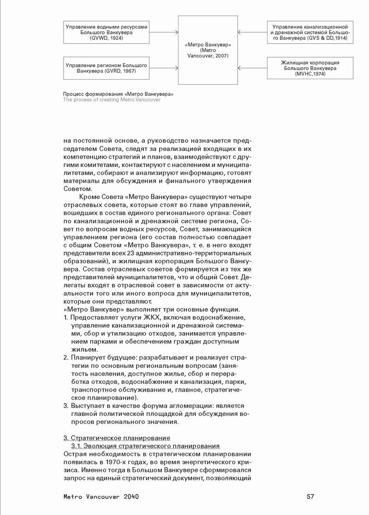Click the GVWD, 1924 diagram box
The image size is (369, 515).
(x=107, y=33)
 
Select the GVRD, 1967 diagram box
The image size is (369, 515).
(x=107, y=68)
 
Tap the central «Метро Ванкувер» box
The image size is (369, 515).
(x=208, y=50)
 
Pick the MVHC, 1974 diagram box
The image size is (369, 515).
(x=310, y=68)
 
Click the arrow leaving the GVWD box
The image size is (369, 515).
(x=164, y=33)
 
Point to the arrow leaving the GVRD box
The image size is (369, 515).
(x=164, y=68)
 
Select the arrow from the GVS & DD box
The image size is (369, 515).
(x=252, y=33)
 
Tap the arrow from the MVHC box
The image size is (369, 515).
(x=252, y=68)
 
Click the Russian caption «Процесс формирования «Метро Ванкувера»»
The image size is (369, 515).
(x=118, y=94)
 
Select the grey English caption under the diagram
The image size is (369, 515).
(x=112, y=100)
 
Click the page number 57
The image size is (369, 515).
(x=310, y=497)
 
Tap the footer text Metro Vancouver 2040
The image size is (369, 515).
(x=101, y=497)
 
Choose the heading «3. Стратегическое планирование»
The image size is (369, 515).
(x=117, y=437)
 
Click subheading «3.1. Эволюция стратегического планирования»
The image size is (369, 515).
(x=145, y=446)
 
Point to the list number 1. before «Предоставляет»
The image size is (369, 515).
(x=65, y=318)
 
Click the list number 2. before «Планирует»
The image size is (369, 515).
(x=65, y=357)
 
